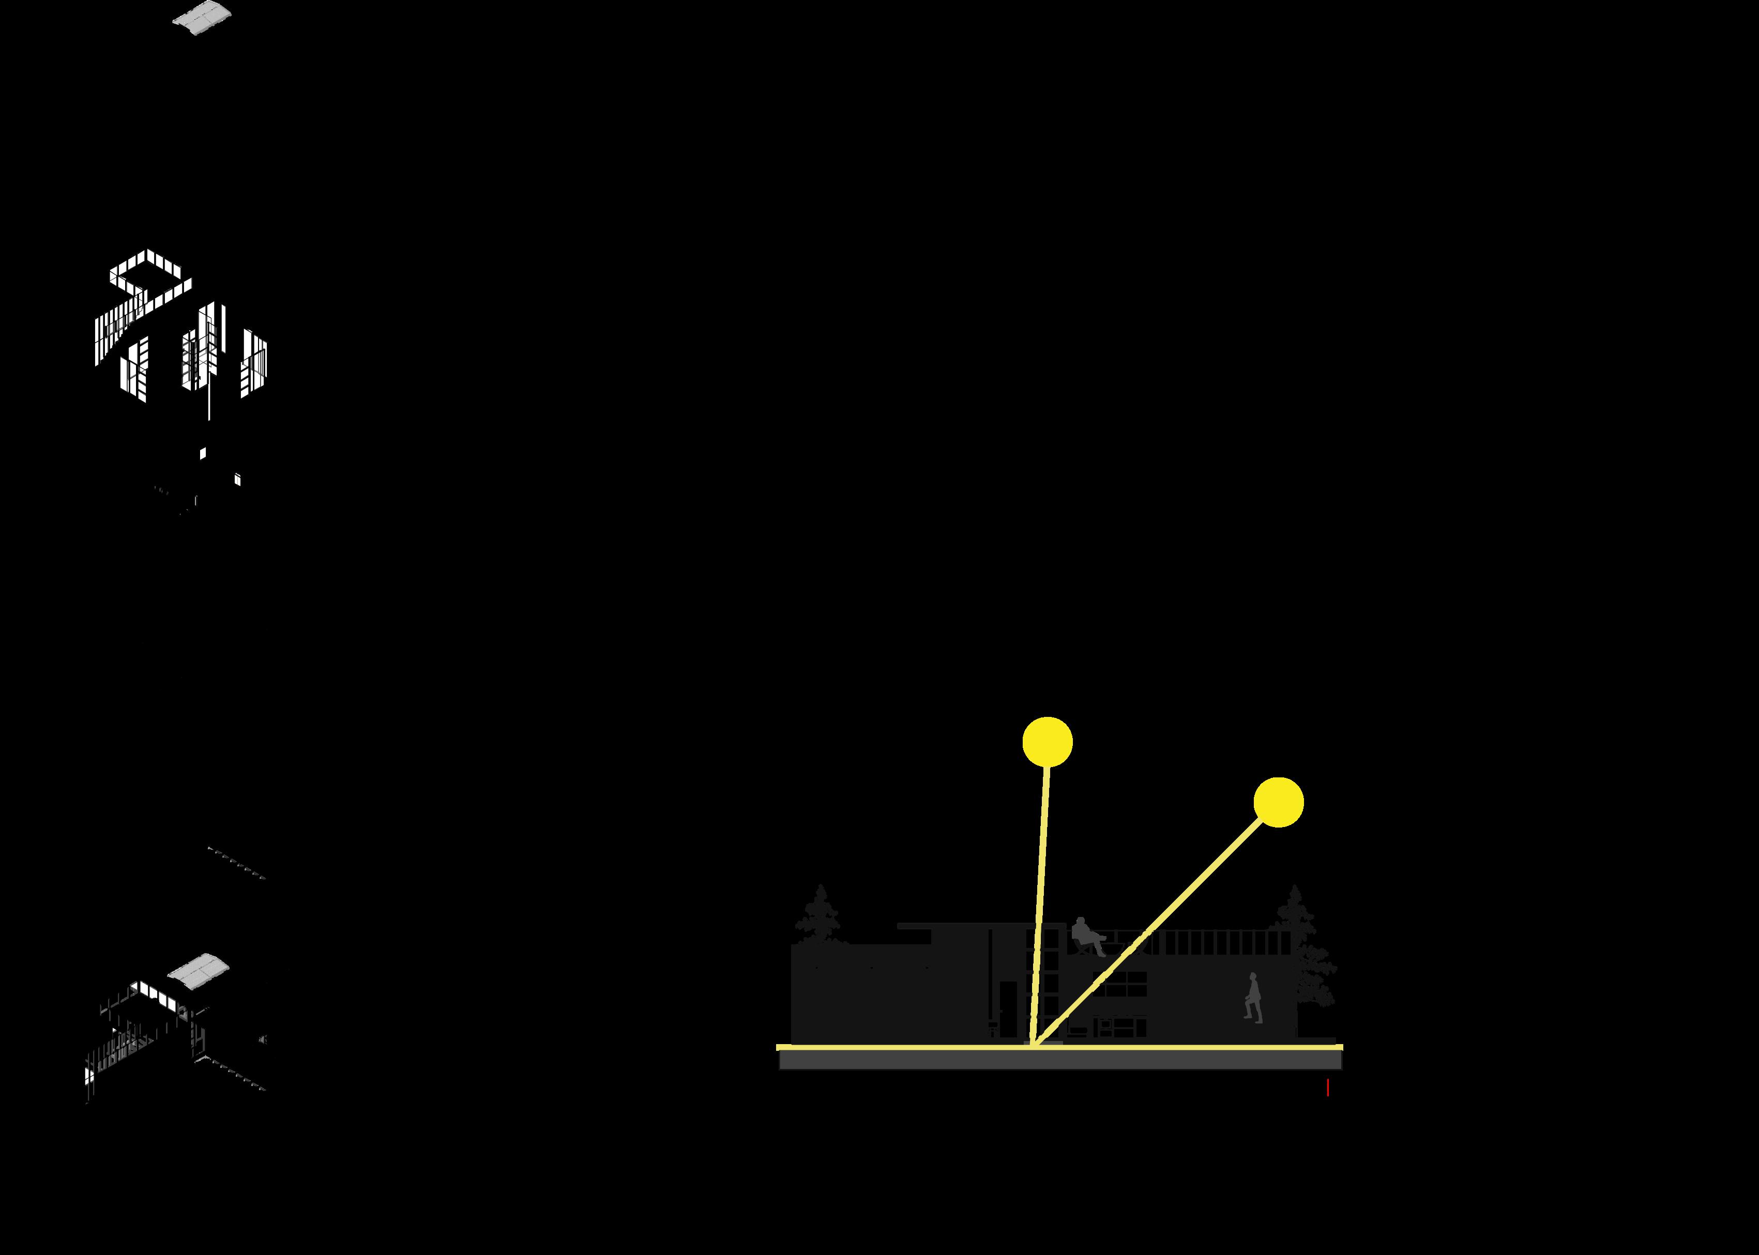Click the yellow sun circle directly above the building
[x=1047, y=742]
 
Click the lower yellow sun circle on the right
[x=1278, y=802]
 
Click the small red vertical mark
[x=1328, y=1088]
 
